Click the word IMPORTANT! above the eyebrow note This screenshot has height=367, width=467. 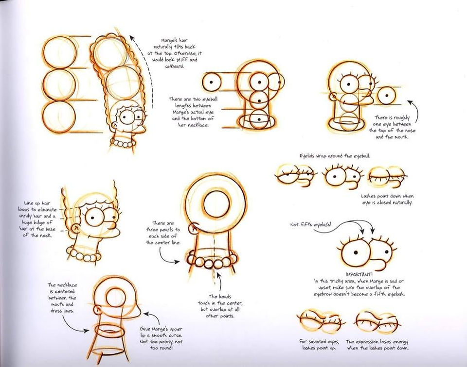[x=359, y=274]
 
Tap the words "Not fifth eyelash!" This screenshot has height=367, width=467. [x=310, y=224]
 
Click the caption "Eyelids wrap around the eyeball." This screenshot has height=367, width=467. [x=335, y=156]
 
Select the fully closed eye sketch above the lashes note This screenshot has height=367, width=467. [x=388, y=177]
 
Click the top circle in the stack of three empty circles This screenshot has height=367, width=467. [x=59, y=53]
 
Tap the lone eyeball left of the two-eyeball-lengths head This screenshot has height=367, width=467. [x=212, y=82]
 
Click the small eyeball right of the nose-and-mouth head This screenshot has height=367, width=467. [x=387, y=96]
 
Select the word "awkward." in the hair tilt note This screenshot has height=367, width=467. [x=175, y=66]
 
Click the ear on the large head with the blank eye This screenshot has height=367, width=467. [x=195, y=227]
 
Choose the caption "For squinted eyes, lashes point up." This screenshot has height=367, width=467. [x=319, y=345]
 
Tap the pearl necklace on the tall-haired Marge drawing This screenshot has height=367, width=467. [x=123, y=143]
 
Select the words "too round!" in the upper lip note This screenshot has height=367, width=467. [x=161, y=348]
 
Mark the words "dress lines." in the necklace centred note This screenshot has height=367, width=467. [x=62, y=311]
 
